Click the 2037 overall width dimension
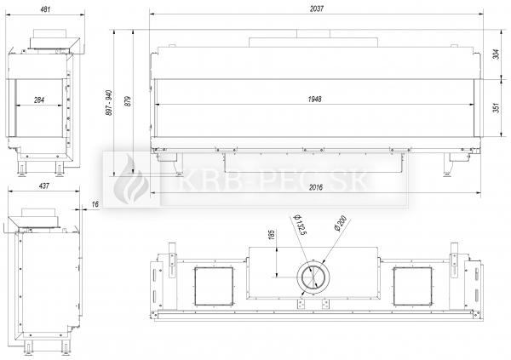(x=317, y=9)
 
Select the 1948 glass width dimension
(x=314, y=99)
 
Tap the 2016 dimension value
(x=315, y=187)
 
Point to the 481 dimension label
(x=45, y=9)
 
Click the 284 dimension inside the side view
(x=39, y=100)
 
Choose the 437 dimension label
(x=44, y=186)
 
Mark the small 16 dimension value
(x=95, y=204)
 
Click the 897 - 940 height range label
(x=109, y=103)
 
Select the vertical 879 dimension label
(x=128, y=101)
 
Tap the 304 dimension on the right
(x=496, y=54)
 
